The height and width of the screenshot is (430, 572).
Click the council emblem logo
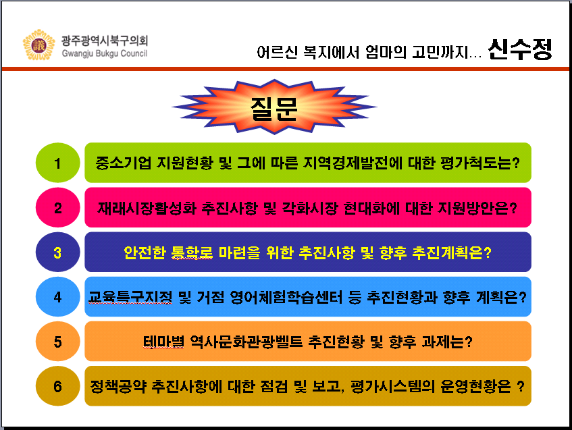(x=38, y=45)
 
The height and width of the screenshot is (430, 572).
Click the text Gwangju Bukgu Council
(x=105, y=53)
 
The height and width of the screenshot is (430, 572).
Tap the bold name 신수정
(x=520, y=49)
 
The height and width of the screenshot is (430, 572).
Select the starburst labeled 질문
(x=274, y=107)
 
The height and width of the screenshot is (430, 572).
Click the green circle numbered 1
(x=57, y=163)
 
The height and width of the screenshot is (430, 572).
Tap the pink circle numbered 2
(x=57, y=207)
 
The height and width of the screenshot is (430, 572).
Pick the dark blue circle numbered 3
(x=57, y=252)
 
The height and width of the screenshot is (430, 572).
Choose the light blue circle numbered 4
(x=57, y=297)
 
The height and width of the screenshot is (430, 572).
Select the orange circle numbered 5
(x=57, y=342)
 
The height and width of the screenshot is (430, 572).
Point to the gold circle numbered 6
(x=57, y=386)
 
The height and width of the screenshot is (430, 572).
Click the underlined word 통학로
(x=192, y=252)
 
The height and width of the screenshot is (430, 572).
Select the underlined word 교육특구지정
(x=130, y=297)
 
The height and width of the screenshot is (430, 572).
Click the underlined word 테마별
(x=163, y=342)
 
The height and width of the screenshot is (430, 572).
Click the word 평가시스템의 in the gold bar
(x=392, y=386)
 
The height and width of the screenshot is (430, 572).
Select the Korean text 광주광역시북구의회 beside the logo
(x=105, y=41)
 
